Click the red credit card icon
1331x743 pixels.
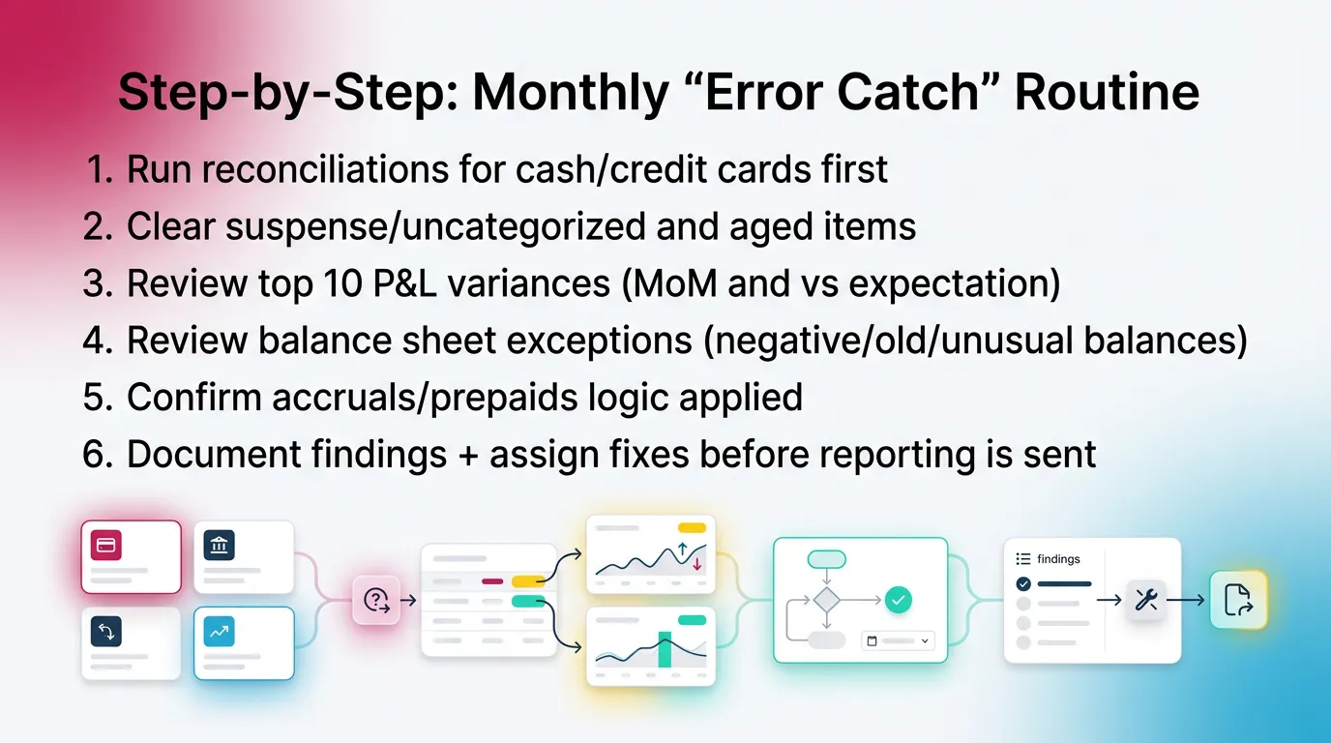click(x=106, y=545)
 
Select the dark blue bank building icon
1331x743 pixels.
click(x=219, y=546)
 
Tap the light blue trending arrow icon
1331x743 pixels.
click(x=219, y=632)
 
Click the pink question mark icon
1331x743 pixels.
click(x=375, y=600)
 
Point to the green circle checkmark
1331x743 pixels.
click(x=899, y=601)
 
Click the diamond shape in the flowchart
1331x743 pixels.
click(x=826, y=600)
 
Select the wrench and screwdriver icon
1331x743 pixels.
click(x=1145, y=600)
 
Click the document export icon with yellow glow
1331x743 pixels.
click(x=1238, y=600)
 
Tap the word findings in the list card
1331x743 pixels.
click(x=1058, y=559)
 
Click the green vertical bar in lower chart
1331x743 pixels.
click(x=665, y=648)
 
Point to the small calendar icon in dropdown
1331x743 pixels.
click(x=872, y=640)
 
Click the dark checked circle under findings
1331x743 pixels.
click(x=1023, y=583)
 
